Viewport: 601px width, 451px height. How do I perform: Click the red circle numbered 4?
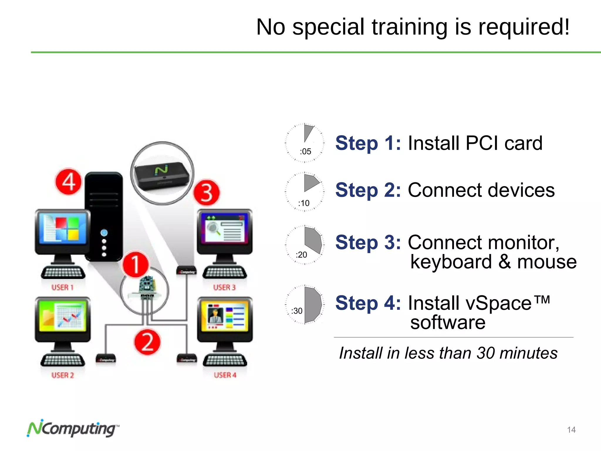[68, 182]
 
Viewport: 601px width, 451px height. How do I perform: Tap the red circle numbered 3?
[207, 193]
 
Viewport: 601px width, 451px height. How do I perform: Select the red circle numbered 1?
[136, 264]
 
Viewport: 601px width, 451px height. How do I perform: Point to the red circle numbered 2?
[147, 342]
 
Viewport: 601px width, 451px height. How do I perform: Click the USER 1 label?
[62, 287]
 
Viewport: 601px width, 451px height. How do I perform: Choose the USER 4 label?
[225, 375]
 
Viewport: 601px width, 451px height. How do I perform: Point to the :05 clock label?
[305, 152]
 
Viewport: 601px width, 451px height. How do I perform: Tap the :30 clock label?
[297, 311]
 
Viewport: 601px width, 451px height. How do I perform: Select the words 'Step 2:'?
[368, 190]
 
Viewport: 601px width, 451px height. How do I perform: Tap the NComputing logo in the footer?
[73, 428]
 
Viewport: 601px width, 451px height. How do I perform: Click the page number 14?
[571, 430]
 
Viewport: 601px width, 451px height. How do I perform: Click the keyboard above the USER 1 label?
[63, 273]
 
